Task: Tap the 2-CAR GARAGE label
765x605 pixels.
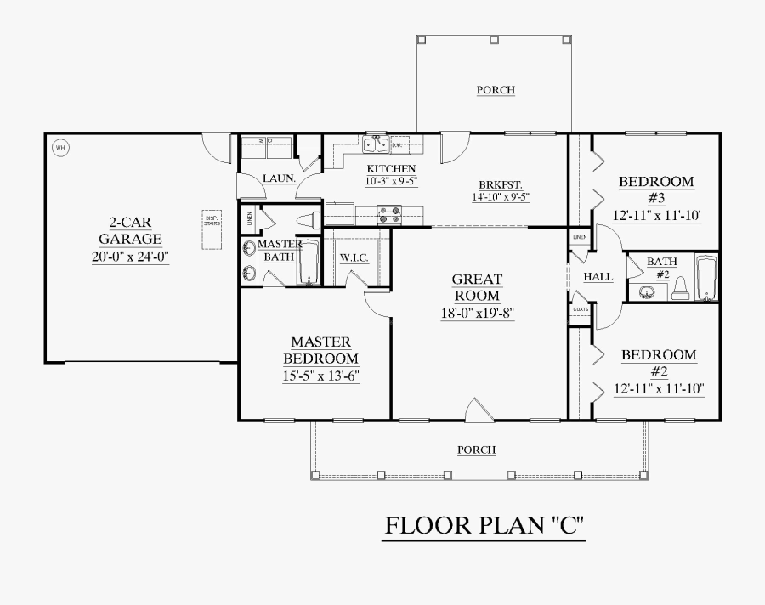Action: [130, 232]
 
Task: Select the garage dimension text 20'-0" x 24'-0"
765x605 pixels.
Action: [131, 257]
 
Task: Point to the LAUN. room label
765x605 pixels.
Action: [279, 178]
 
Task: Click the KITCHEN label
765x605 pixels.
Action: [391, 169]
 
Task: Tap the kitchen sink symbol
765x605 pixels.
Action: [376, 143]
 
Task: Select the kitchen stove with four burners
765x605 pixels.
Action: [389, 216]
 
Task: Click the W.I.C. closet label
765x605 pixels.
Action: [354, 257]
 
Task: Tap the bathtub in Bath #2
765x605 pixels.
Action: [706, 278]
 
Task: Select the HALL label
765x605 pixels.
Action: [598, 277]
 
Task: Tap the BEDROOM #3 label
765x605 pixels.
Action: [655, 189]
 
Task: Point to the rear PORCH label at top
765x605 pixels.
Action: [496, 90]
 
